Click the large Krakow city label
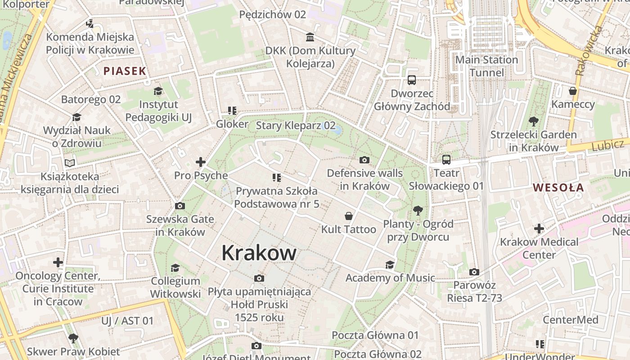pyautogui.click(x=259, y=253)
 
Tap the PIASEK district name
pyautogui.click(x=125, y=71)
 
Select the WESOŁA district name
pyautogui.click(x=558, y=188)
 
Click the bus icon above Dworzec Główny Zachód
pyautogui.click(x=411, y=80)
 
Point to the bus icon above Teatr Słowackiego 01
pyautogui.click(x=446, y=160)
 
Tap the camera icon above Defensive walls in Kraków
pyautogui.click(x=364, y=160)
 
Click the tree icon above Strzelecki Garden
pyautogui.click(x=534, y=121)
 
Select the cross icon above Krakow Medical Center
pyautogui.click(x=539, y=229)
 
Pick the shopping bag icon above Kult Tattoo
pyautogui.click(x=348, y=216)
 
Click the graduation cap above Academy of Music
pyautogui.click(x=390, y=265)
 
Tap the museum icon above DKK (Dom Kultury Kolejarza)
pyautogui.click(x=310, y=37)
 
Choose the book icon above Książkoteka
pyautogui.click(x=70, y=163)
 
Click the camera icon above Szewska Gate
pyautogui.click(x=180, y=206)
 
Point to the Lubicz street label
pyautogui.click(x=607, y=145)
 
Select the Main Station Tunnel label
pyautogui.click(x=486, y=66)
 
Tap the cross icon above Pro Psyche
pyautogui.click(x=201, y=162)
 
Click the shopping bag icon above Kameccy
pyautogui.click(x=572, y=91)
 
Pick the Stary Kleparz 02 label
pyautogui.click(x=296, y=126)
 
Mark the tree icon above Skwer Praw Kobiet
pyautogui.click(x=73, y=338)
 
